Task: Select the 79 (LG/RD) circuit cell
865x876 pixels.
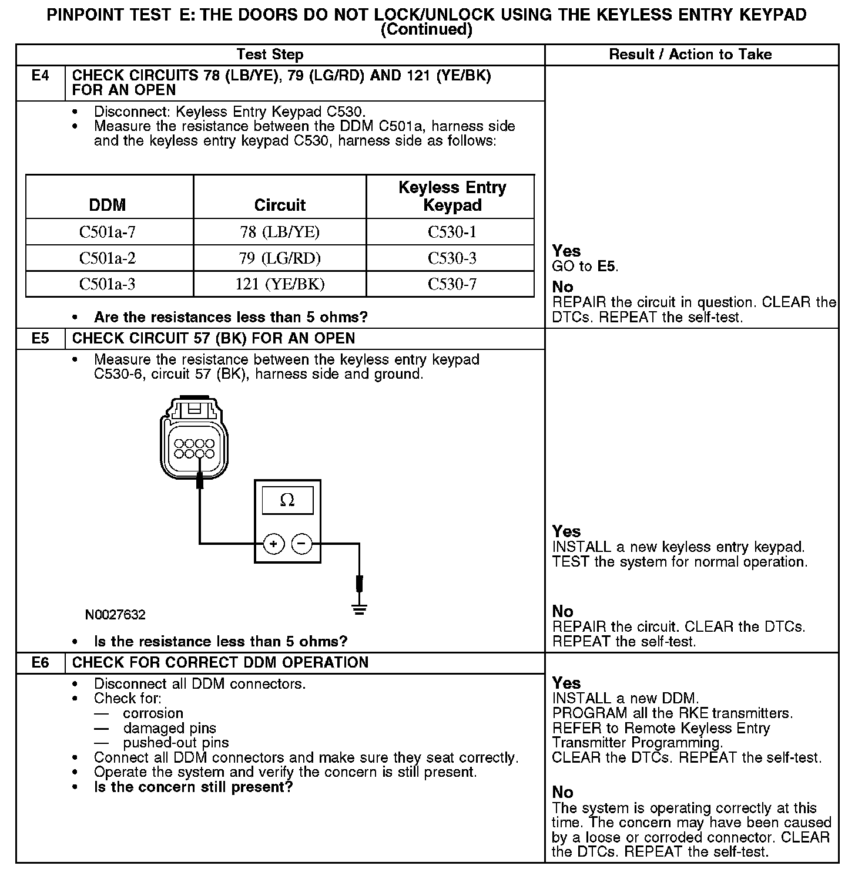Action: pyautogui.click(x=280, y=258)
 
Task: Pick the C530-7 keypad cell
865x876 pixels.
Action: pyautogui.click(x=452, y=284)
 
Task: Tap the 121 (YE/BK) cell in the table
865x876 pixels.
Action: pyautogui.click(x=280, y=284)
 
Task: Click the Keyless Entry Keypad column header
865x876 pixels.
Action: pyautogui.click(x=452, y=196)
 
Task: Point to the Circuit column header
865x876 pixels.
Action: pyautogui.click(x=280, y=205)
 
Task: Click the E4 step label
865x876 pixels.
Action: pyautogui.click(x=41, y=76)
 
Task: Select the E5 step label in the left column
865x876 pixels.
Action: pyautogui.click(x=41, y=339)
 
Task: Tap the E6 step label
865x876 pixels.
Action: pyautogui.click(x=41, y=663)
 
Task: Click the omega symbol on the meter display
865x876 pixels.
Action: pyautogui.click(x=287, y=500)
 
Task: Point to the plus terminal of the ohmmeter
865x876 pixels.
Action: pyautogui.click(x=273, y=544)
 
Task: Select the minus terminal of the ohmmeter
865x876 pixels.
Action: pyautogui.click(x=301, y=544)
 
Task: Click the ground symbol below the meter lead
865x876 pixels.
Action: pyautogui.click(x=360, y=609)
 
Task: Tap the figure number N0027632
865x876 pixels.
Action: pyautogui.click(x=115, y=615)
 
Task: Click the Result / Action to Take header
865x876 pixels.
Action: pyautogui.click(x=690, y=55)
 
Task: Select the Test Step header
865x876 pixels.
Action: pyautogui.click(x=270, y=55)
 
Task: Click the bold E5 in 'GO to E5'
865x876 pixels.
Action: pyautogui.click(x=606, y=266)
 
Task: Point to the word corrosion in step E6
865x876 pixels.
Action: pyautogui.click(x=153, y=713)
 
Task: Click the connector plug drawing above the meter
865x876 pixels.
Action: pyautogui.click(x=194, y=437)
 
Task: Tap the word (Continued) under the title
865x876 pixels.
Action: pyautogui.click(x=427, y=30)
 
